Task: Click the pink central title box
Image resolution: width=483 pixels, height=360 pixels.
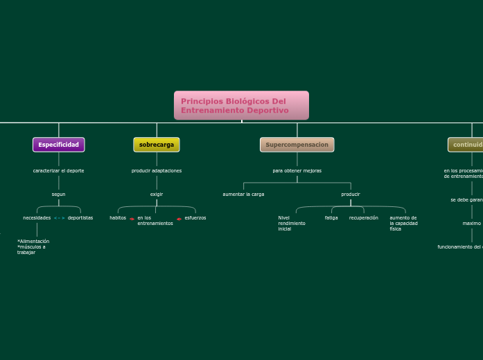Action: point(241,105)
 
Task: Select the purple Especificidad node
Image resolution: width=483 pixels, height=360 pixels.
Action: point(59,145)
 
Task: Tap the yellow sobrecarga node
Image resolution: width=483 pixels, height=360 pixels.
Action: point(157,145)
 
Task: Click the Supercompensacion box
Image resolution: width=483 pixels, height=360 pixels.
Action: point(297,145)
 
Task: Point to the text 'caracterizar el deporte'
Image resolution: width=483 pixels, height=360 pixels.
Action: point(59,170)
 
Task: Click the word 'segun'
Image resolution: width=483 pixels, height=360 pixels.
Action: point(59,194)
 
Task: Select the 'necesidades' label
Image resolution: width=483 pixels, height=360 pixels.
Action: point(37,217)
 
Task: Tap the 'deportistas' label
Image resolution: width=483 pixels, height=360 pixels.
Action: point(80,217)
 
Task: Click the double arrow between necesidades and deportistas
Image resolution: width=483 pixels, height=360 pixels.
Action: point(59,218)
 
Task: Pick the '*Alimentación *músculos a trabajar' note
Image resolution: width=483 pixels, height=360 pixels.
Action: point(33,246)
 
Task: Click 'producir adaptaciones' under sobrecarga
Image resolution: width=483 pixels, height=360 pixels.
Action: point(157,170)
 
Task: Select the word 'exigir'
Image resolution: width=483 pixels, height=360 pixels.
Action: point(157,194)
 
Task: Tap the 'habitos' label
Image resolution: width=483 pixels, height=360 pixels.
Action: point(118,217)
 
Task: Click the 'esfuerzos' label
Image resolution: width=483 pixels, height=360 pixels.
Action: point(195,217)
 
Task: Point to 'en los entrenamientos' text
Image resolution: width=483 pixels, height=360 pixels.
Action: point(155,220)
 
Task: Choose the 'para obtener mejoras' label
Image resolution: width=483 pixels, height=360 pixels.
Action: point(297,170)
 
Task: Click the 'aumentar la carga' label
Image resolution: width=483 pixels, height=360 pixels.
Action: point(243,194)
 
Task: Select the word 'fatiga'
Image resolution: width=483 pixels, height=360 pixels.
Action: point(331,217)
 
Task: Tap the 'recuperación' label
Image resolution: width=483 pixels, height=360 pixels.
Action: point(364,217)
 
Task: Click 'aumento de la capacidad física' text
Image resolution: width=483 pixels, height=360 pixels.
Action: point(403,223)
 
